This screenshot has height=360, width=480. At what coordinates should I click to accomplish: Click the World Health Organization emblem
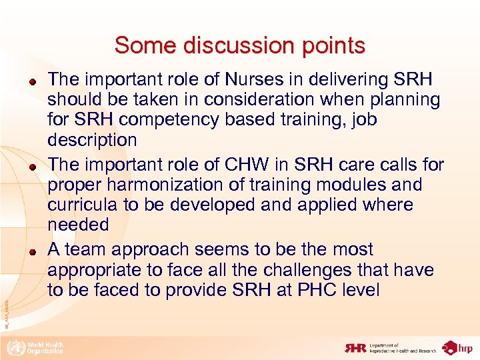(14, 347)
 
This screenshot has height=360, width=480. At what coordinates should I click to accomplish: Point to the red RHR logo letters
(355, 347)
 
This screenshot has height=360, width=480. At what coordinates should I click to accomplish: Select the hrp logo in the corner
(459, 347)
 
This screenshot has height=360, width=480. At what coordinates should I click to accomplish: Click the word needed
(78, 225)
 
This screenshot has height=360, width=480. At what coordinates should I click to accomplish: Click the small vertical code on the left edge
(6, 314)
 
